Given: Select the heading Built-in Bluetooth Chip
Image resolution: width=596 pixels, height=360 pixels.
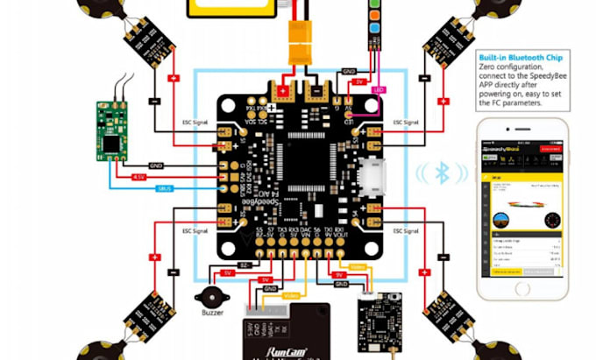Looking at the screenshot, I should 521,54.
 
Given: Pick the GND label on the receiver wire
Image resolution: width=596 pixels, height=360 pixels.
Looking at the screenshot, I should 156,165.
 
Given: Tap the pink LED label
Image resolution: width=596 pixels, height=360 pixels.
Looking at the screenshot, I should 380,89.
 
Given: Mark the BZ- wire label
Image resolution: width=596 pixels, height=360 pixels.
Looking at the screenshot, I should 244,265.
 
